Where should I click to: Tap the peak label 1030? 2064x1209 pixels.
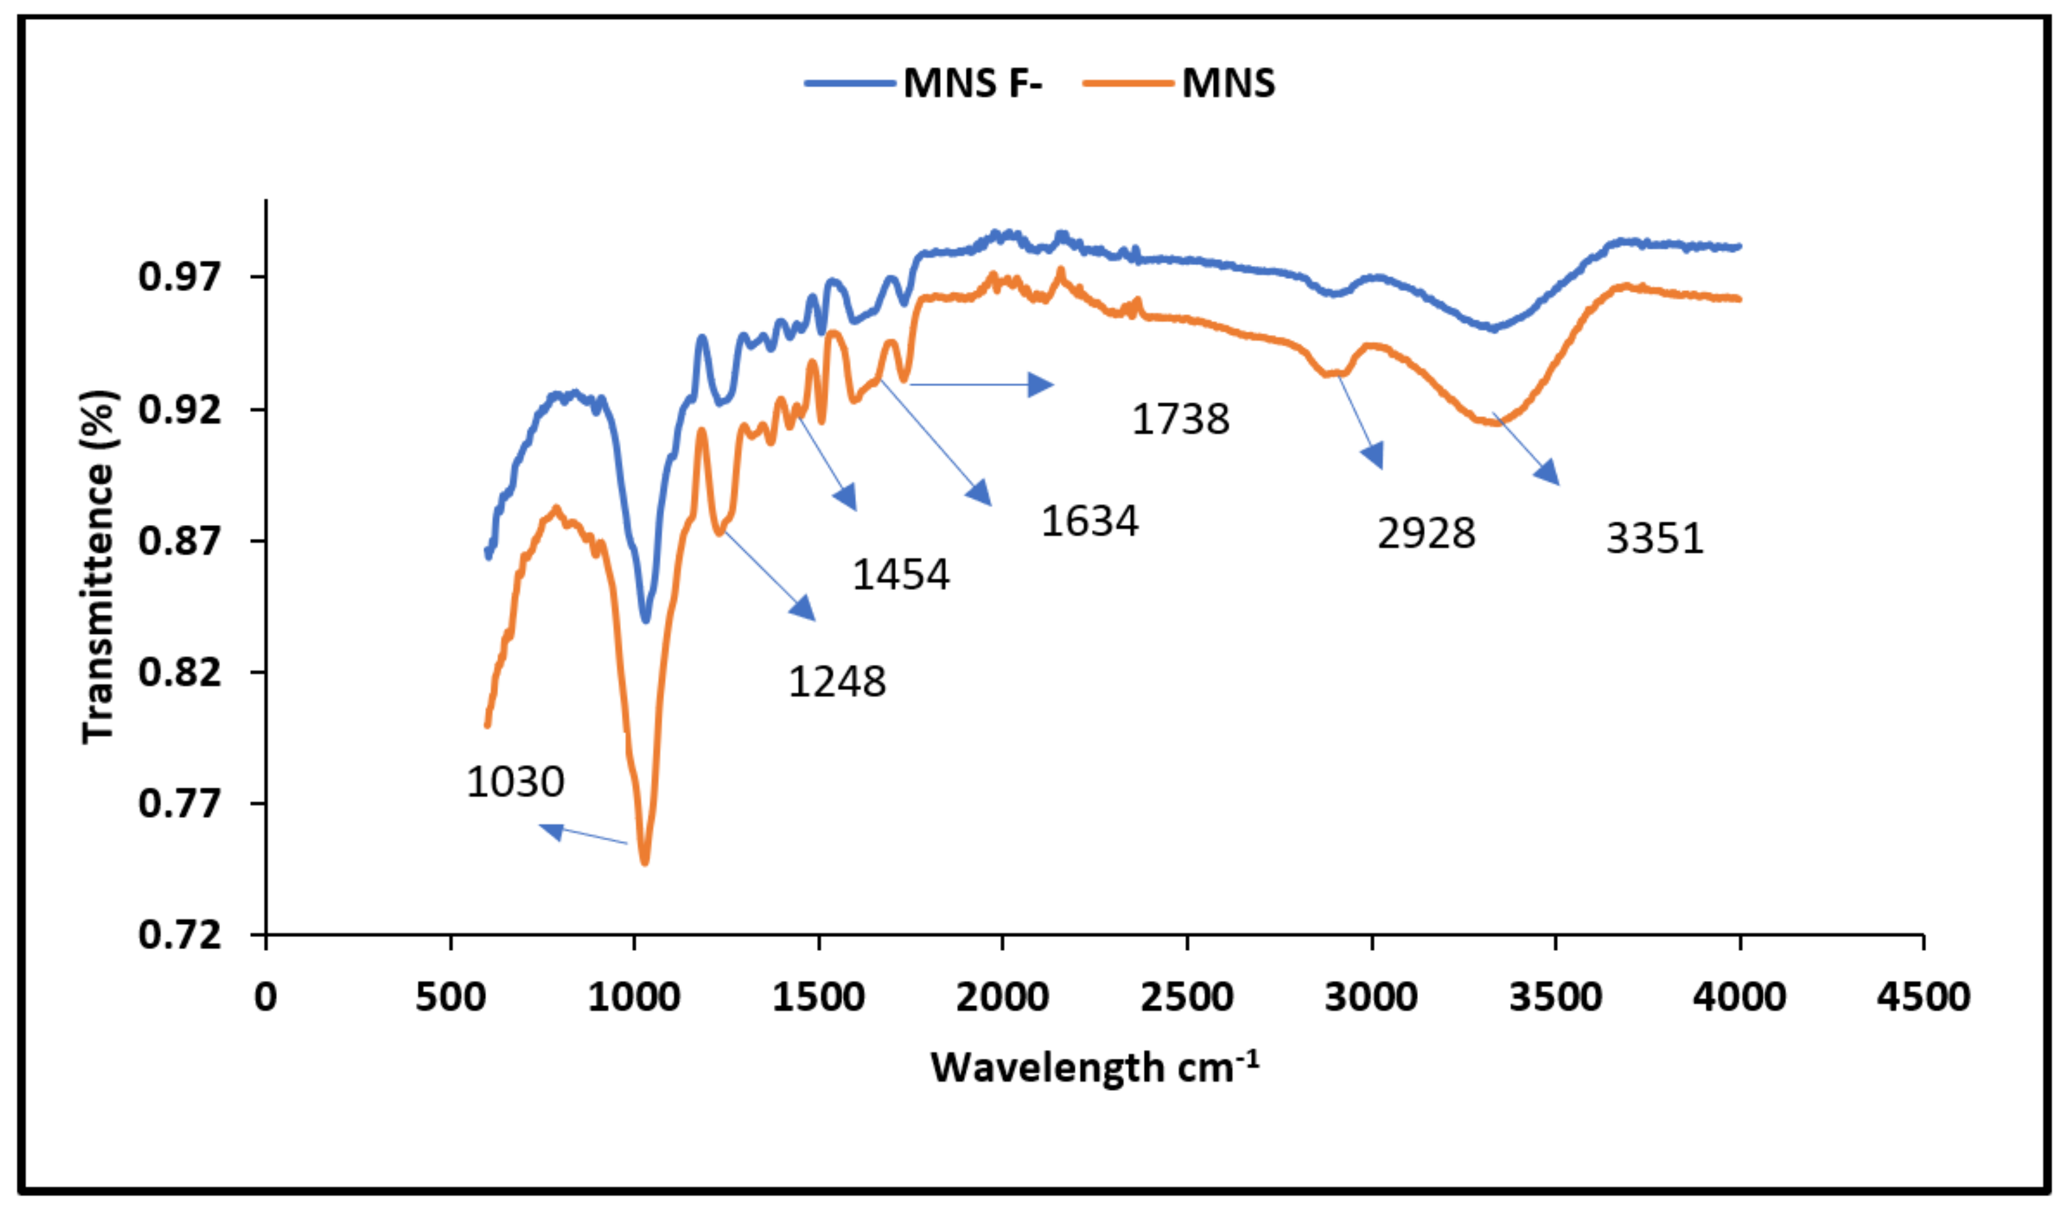(515, 782)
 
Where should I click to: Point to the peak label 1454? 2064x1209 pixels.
(900, 575)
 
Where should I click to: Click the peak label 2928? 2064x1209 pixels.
(1426, 534)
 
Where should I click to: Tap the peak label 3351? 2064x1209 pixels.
(1655, 539)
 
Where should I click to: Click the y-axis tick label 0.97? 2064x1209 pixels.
(179, 277)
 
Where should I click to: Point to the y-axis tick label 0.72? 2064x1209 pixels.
(179, 935)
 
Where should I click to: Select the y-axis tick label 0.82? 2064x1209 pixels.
(179, 672)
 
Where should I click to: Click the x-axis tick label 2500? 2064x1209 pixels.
(1187, 997)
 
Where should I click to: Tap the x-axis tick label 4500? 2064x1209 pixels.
(1923, 997)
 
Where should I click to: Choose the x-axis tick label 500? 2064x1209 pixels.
(451, 997)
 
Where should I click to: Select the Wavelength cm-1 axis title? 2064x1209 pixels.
(1093, 1066)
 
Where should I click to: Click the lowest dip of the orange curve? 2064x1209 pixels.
(645, 861)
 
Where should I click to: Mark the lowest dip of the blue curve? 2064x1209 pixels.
(645, 619)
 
